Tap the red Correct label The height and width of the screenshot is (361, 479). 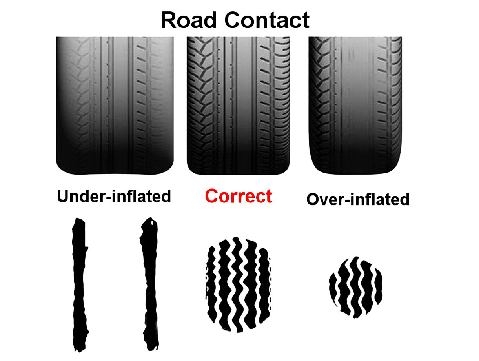tap(238, 196)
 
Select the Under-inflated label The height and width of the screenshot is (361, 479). tap(114, 196)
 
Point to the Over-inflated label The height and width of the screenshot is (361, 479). tap(358, 199)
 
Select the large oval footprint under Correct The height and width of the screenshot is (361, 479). tap(238, 284)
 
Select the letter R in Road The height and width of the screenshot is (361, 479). tap(168, 20)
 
